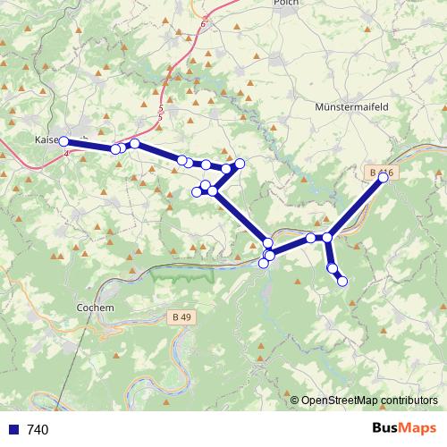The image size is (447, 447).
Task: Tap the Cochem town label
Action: [96, 308]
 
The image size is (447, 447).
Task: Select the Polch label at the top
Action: [285, 4]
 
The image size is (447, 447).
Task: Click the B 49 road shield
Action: [181, 316]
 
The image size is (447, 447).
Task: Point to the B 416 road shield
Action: [381, 172]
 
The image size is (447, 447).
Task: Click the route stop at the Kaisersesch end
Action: [63, 141]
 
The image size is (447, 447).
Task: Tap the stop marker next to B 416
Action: [384, 178]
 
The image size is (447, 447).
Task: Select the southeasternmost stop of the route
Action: [342, 282]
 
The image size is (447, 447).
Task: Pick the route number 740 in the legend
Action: [38, 430]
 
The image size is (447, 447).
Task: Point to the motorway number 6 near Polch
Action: [203, 23]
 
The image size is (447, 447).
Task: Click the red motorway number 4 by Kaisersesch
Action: [66, 152]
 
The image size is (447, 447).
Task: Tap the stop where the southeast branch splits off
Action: [327, 237]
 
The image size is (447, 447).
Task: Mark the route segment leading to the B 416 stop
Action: [356, 207]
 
